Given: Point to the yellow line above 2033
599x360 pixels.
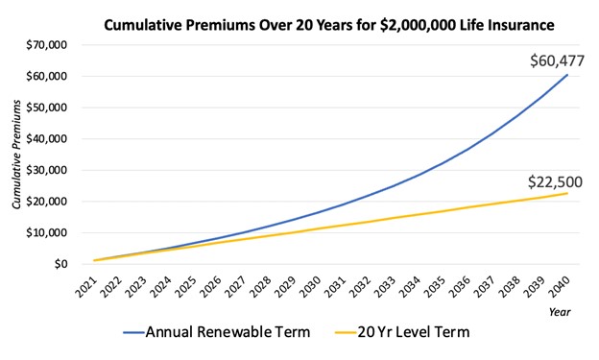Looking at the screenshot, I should pos(389,218).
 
